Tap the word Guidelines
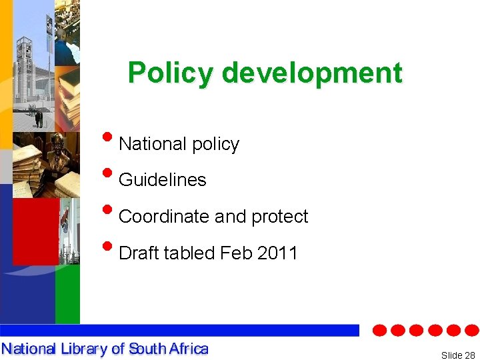162,180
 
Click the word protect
279,217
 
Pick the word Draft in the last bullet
139,253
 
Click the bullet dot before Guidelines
109,174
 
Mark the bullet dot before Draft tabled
109,247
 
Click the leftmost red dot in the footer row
379,330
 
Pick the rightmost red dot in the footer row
471,330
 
